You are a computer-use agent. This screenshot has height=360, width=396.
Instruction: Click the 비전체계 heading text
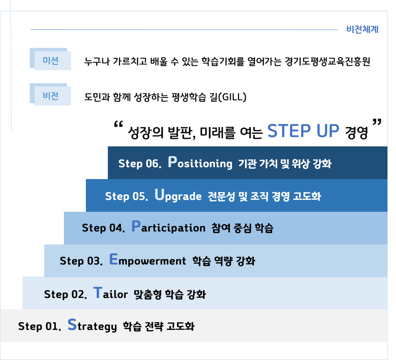point(362,30)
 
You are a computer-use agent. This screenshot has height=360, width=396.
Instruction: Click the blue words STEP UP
point(303,131)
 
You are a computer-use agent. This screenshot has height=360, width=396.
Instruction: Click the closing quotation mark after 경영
point(377,123)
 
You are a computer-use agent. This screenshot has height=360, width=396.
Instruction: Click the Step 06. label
point(139,164)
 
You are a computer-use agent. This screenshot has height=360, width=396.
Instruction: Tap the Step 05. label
point(126,196)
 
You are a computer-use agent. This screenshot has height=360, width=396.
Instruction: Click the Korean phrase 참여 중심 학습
point(242,228)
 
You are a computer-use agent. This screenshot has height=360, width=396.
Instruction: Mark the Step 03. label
point(81,261)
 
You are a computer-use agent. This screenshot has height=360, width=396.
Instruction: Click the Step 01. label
point(39,327)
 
